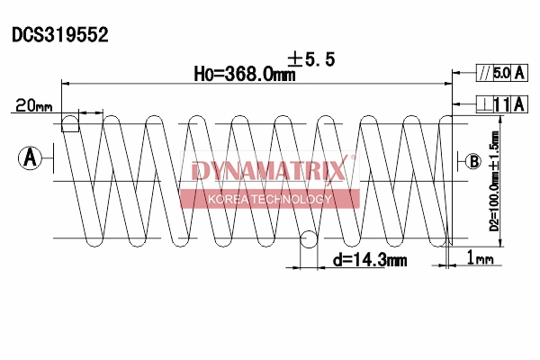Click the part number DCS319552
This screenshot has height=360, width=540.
[59, 36]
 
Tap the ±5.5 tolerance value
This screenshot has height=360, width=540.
[311, 59]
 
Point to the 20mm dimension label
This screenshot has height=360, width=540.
[32, 106]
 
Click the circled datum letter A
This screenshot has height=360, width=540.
[30, 158]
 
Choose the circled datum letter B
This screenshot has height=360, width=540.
[474, 161]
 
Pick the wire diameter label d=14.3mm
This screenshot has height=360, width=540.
[370, 260]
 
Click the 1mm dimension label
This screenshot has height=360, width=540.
[481, 260]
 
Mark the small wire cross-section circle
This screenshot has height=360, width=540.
[308, 240]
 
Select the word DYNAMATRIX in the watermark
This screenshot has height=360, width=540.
[267, 171]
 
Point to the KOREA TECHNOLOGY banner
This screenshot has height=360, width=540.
[270, 199]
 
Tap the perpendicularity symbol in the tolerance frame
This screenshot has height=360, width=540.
[485, 105]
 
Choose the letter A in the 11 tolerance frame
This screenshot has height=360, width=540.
[520, 105]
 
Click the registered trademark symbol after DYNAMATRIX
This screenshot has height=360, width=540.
[352, 159]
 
